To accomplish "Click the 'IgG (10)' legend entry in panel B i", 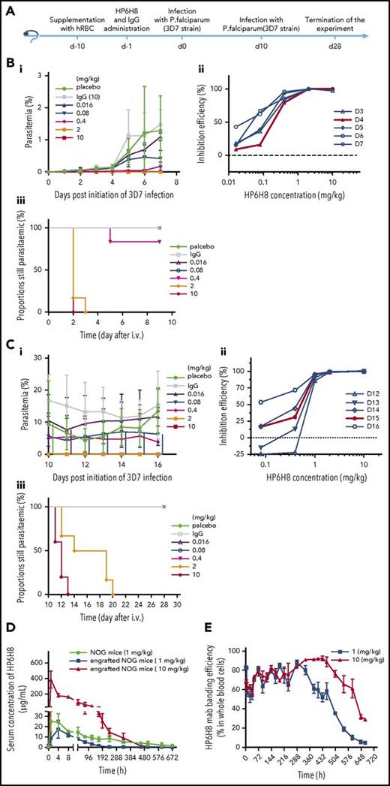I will [95, 98].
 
